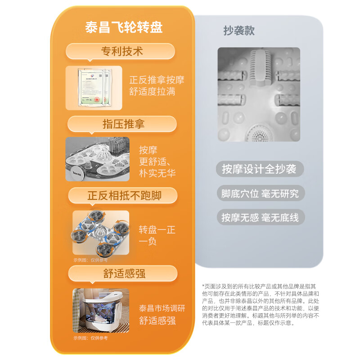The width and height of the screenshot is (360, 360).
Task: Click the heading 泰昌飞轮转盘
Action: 124,27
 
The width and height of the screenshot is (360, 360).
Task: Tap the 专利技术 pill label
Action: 121,51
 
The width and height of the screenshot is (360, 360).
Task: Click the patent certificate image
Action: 94,88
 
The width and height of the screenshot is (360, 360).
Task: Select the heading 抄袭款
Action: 239,30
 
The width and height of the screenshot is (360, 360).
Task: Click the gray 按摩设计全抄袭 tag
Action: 259,169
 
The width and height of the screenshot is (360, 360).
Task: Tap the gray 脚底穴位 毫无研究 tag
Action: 260,193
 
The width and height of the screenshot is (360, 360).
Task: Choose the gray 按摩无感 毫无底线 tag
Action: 260,217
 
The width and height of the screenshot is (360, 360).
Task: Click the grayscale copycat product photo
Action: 259,94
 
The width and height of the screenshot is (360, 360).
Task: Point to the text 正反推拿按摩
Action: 157,80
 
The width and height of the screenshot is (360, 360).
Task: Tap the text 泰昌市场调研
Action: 162,309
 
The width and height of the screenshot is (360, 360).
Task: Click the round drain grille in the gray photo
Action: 257,134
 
